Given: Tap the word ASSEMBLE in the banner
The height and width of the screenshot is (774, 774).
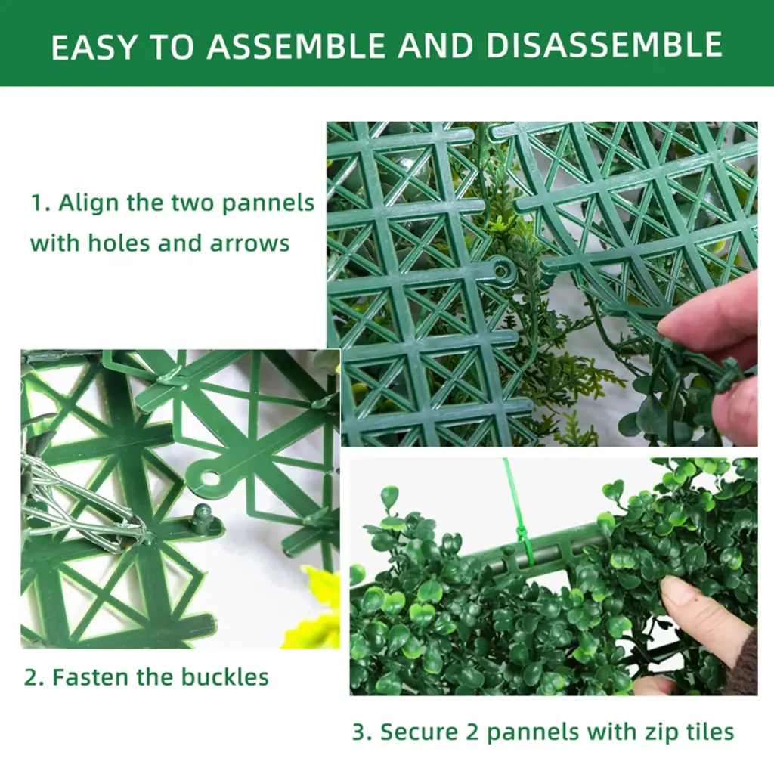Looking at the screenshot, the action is [296, 46].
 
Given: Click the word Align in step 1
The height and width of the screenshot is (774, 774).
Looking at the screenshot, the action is [89, 203].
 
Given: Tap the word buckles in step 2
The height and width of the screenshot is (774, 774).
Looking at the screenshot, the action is [225, 676].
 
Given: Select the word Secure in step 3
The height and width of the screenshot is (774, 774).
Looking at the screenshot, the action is [419, 732].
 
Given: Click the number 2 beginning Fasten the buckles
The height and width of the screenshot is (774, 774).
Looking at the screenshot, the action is [31, 677].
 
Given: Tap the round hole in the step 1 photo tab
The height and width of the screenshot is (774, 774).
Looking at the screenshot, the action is [502, 271].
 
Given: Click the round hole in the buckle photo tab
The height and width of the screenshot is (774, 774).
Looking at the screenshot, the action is [210, 478].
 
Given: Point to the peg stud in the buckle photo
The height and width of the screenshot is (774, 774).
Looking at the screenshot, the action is [203, 519].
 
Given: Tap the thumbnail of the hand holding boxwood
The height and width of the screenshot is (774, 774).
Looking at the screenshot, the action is [553, 577].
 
